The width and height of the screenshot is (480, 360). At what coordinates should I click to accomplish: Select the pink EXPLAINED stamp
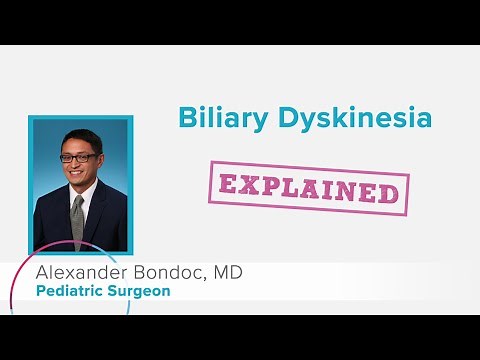[309, 186]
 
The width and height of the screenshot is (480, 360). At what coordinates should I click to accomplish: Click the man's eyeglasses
[79, 157]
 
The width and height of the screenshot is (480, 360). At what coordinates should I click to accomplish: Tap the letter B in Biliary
[186, 117]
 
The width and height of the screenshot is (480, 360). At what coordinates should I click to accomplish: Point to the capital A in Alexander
[42, 273]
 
